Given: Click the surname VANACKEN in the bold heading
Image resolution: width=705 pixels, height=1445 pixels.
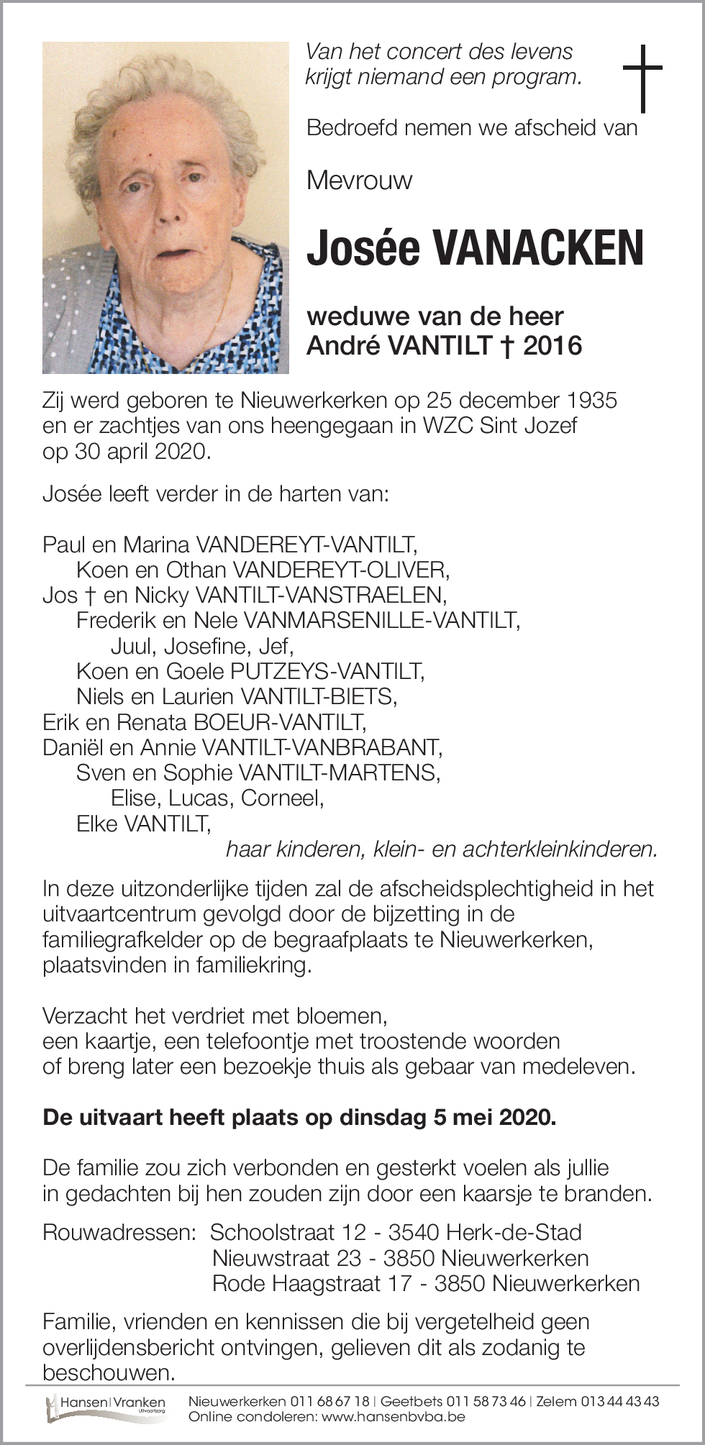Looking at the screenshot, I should click(537, 248).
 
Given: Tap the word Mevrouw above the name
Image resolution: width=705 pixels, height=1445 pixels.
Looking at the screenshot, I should click(359, 180).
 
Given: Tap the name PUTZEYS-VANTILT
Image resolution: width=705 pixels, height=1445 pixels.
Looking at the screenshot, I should click(327, 672).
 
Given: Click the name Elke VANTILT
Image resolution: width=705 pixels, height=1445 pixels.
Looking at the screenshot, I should click(144, 824).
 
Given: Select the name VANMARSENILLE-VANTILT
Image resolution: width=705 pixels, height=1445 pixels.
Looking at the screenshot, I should click(381, 620).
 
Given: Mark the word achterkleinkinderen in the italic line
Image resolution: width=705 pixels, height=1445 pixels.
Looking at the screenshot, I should click(560, 849).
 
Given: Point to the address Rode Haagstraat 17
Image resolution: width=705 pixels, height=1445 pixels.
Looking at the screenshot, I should click(311, 1283).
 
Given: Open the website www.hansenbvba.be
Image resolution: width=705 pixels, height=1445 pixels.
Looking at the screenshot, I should click(394, 1417).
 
